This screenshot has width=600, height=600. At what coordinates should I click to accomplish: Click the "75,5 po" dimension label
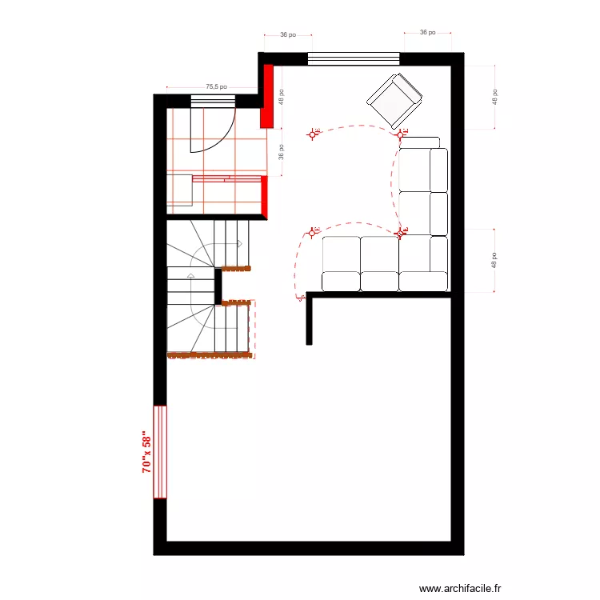[216, 86]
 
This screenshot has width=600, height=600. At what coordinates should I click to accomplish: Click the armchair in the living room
[394, 100]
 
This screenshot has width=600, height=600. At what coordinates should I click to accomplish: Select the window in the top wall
[354, 58]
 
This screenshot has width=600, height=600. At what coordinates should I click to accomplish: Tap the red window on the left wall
[160, 452]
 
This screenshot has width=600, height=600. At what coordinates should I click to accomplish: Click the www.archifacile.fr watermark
[460, 588]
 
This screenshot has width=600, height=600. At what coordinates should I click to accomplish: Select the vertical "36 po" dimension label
[281, 152]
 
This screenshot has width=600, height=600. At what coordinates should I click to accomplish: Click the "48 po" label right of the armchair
[495, 97]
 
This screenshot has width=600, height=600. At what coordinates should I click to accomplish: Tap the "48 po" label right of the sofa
[495, 260]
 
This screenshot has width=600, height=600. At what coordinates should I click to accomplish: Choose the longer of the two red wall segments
[267, 96]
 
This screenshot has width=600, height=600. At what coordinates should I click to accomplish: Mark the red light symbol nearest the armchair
[402, 133]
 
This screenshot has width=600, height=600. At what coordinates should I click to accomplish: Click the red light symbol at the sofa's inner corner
[401, 233]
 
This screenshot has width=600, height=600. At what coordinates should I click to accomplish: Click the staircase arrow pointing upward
[190, 276]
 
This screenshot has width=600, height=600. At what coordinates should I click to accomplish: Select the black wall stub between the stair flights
[218, 286]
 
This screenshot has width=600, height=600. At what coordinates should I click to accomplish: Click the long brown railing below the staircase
[209, 355]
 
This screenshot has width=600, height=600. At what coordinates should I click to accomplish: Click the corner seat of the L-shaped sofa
[423, 254]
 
